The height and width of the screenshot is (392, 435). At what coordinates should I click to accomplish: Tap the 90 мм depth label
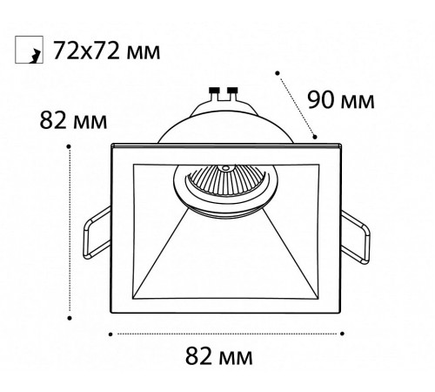(x=340, y=100)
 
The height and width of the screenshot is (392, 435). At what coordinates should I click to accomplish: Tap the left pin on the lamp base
(x=214, y=90)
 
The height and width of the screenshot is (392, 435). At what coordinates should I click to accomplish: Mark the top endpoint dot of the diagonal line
(x=278, y=71)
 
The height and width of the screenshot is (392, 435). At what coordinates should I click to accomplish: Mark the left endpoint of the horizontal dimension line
(x=110, y=333)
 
